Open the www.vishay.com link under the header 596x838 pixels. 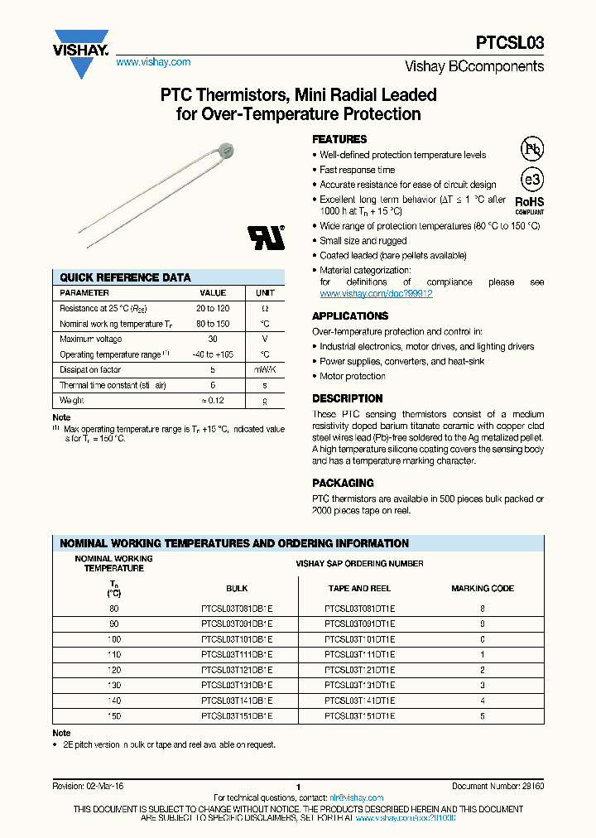pyautogui.click(x=153, y=62)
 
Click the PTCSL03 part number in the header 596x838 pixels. pyautogui.click(x=510, y=43)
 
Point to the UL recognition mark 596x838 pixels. pyautogui.click(x=267, y=237)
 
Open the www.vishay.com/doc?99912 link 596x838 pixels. pyautogui.click(x=376, y=294)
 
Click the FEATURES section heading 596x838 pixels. pyautogui.click(x=339, y=139)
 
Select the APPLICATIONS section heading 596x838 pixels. pyautogui.click(x=350, y=315)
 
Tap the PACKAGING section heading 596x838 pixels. pyautogui.click(x=343, y=483)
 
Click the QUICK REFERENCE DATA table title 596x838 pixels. pyautogui.click(x=125, y=277)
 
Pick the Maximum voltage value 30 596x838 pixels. pyautogui.click(x=213, y=339)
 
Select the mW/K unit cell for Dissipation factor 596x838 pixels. pyautogui.click(x=265, y=370)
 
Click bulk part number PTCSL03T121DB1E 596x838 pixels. pyautogui.click(x=237, y=670)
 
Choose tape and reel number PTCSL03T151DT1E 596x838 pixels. pyautogui.click(x=360, y=715)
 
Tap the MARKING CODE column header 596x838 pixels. pyautogui.click(x=483, y=588)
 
